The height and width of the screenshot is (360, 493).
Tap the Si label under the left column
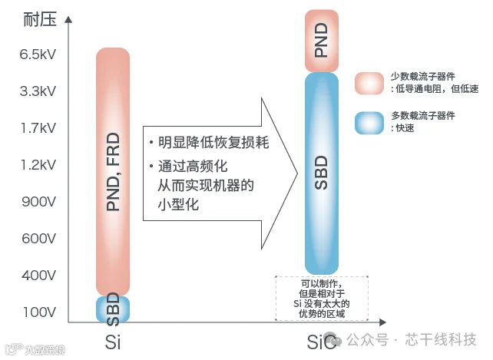click(x=113, y=341)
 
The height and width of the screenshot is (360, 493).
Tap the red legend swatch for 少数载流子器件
click(x=369, y=83)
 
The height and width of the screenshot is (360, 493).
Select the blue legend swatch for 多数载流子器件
click(x=369, y=122)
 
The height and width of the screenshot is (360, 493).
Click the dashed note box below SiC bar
click(x=322, y=299)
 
